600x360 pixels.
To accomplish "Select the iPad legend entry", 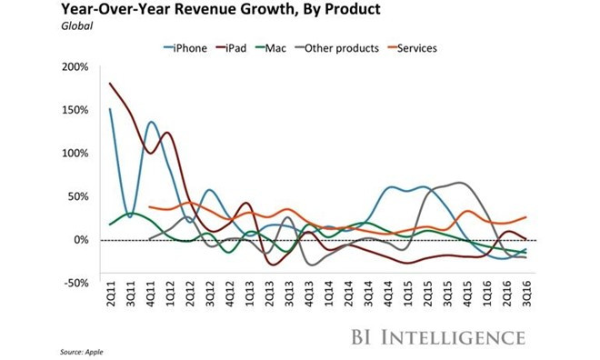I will [247, 47].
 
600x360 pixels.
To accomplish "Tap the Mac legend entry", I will [297, 47].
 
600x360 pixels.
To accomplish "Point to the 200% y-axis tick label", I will [75, 67].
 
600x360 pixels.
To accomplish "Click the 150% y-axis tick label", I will [75, 110].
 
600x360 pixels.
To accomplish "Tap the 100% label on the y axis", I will [75, 153].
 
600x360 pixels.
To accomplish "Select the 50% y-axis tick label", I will [77, 196].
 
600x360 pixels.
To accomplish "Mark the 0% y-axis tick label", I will [80, 239].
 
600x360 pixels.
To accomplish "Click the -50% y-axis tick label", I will [76, 283].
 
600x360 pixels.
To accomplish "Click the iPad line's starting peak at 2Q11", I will [110, 84].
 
